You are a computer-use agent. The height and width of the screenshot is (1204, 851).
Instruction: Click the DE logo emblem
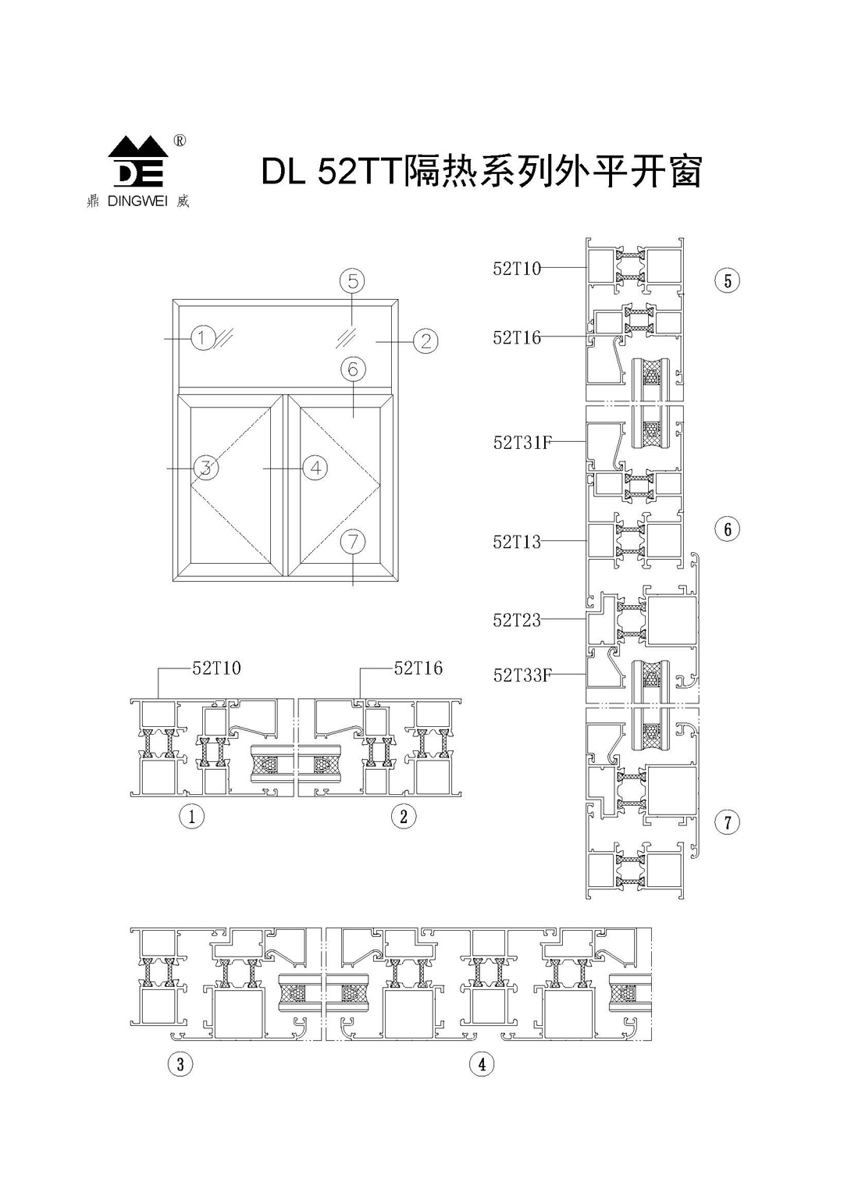click(138, 162)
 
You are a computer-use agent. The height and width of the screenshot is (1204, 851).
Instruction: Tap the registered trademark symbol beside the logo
click(179, 141)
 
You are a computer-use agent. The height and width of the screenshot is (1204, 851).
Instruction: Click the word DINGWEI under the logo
click(137, 201)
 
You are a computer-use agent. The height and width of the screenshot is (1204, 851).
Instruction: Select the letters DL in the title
click(283, 173)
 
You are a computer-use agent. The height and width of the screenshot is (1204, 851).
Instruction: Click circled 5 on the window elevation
click(353, 280)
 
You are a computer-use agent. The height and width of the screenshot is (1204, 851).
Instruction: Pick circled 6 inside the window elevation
click(353, 369)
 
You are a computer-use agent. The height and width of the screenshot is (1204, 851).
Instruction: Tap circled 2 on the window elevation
click(426, 340)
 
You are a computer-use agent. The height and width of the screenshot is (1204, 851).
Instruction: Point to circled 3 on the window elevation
click(205, 468)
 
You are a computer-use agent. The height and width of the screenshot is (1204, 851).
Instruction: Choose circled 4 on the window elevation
click(315, 468)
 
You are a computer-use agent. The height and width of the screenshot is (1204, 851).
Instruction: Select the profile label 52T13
click(517, 542)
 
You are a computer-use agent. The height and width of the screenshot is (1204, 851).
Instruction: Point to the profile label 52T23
click(517, 620)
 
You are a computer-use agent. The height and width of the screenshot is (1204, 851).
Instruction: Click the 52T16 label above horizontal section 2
click(418, 668)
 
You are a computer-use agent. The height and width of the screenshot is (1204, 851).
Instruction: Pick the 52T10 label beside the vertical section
click(517, 269)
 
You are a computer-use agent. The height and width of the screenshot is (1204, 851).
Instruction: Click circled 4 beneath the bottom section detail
click(482, 1064)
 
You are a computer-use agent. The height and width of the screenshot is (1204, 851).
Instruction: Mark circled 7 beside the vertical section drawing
click(728, 822)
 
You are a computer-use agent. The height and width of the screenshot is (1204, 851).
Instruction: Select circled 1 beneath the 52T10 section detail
click(191, 817)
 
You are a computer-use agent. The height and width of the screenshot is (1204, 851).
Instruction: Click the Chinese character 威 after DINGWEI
click(183, 201)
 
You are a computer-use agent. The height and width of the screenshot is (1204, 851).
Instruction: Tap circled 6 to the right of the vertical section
click(728, 529)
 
